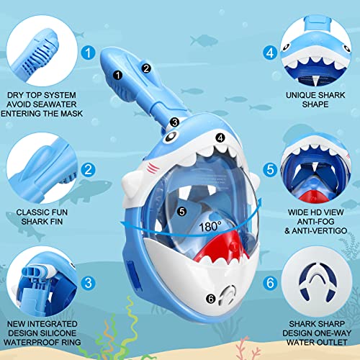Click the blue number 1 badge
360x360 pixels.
tap(87, 52)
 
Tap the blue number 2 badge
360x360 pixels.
tap(87, 170)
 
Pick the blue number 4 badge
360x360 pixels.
tap(270, 52)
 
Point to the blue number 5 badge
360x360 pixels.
tap(270, 171)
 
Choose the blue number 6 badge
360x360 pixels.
tap(270, 285)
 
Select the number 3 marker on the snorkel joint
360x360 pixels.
tap(175, 122)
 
